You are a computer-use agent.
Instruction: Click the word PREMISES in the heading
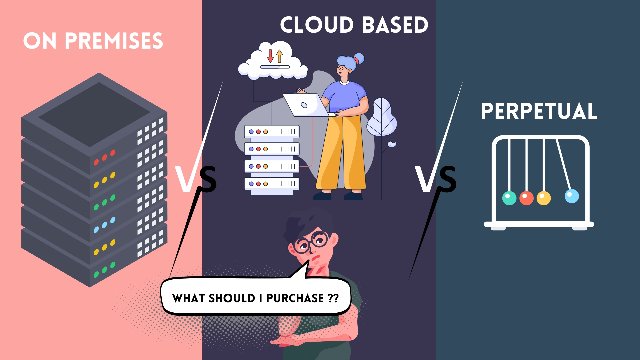(x=114, y=41)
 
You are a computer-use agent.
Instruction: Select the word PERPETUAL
(x=539, y=111)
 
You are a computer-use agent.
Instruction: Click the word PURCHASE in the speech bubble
(x=295, y=298)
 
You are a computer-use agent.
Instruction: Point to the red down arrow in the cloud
(x=270, y=55)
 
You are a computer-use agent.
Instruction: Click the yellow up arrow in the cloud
(x=279, y=56)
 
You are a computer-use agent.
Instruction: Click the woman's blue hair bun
(x=359, y=59)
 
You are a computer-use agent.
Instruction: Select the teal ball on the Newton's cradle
(x=509, y=198)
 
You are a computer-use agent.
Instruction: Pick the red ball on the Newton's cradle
(x=526, y=198)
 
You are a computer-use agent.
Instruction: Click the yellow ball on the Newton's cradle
(x=544, y=198)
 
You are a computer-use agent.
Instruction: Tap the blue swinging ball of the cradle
(x=572, y=196)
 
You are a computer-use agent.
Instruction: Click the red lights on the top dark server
(x=104, y=157)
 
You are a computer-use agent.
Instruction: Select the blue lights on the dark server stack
(x=104, y=225)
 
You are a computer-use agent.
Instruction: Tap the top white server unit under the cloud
(x=272, y=132)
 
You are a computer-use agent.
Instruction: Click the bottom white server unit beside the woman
(x=272, y=184)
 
